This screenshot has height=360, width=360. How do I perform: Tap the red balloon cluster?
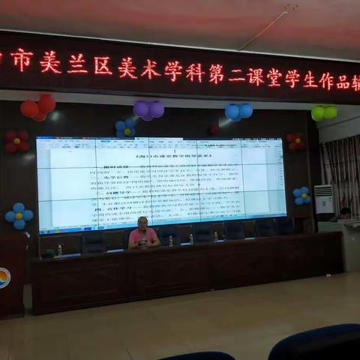pos(38,107)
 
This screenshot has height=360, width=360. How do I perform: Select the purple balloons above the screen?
pos(148,109)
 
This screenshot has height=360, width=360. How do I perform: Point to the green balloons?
pos(324,112)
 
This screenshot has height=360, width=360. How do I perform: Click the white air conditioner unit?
pos(324,199)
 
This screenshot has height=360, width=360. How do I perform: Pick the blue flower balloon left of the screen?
pos(19,215)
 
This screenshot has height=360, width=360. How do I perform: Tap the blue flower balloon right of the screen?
pos(301,196)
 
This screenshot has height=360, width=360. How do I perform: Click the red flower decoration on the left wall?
pos(16,141)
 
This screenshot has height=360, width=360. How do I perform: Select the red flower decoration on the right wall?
pos(295,141)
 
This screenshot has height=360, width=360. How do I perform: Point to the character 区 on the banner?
pos(103,66)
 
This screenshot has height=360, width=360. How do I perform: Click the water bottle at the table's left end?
pos(60,250)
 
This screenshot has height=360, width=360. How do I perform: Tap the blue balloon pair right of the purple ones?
pos(238,112)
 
